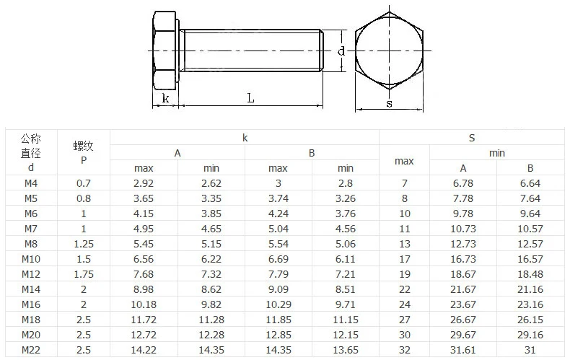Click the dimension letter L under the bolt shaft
tap(250, 98)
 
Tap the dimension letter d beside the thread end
tap(341, 51)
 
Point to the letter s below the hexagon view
tap(390, 104)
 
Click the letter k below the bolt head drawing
tap(165, 98)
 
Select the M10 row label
tap(31, 259)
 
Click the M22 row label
tap(31, 350)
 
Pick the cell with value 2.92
tap(144, 183)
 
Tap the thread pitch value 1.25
tap(84, 244)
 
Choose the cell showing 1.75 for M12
tap(84, 274)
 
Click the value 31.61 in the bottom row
tap(462, 350)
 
